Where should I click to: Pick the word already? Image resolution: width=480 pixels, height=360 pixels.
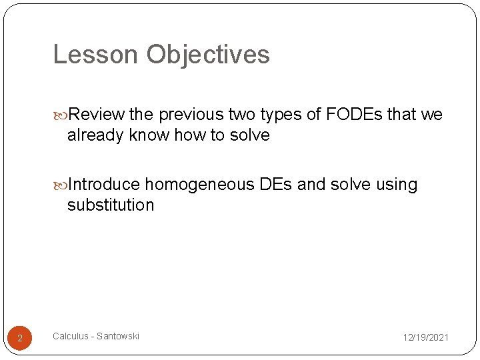coord(95,135)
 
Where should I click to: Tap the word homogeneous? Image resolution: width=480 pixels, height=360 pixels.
coord(199,184)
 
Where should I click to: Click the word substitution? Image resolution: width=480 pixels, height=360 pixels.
coord(111,205)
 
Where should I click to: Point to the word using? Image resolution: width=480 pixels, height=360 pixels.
coord(397,184)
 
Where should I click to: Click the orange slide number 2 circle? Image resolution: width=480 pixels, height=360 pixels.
coord(20,339)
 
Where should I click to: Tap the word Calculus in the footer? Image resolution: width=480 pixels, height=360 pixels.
coord(70,336)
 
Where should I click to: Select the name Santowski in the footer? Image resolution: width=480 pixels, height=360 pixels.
coord(118,336)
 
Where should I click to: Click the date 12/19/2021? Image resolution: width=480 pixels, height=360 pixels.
coord(425,338)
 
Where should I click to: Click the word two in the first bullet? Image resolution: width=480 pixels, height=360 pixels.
coord(243,115)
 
